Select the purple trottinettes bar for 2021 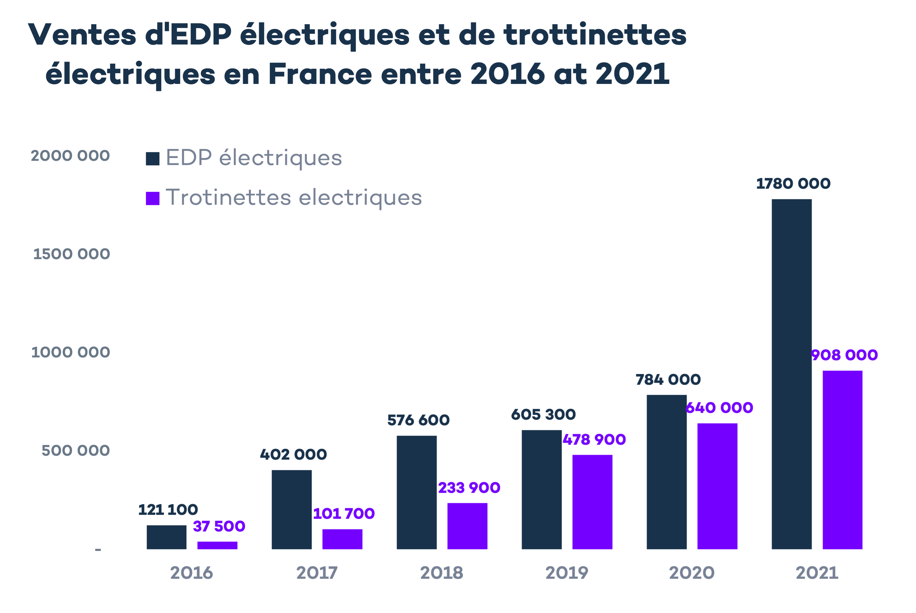tap(842, 460)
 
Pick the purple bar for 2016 tap(217, 545)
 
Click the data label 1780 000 tap(793, 184)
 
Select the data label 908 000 tap(844, 355)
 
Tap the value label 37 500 tap(219, 526)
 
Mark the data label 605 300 tap(543, 414)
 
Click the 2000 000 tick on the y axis tap(70, 156)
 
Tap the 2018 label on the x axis tap(442, 573)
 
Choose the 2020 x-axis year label tap(692, 573)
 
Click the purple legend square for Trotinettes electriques tap(153, 198)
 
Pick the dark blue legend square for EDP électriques tap(153, 159)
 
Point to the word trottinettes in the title tap(595, 35)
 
